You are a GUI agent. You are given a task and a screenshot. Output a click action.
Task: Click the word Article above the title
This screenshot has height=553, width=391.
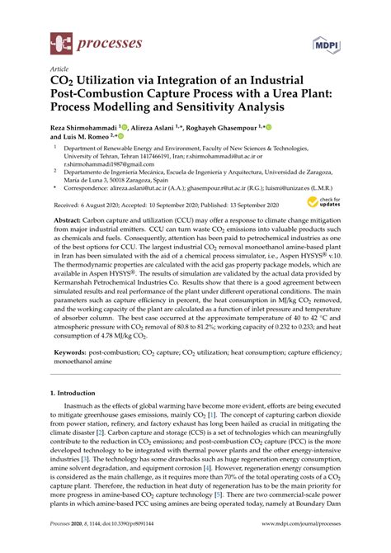(x=60, y=69)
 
